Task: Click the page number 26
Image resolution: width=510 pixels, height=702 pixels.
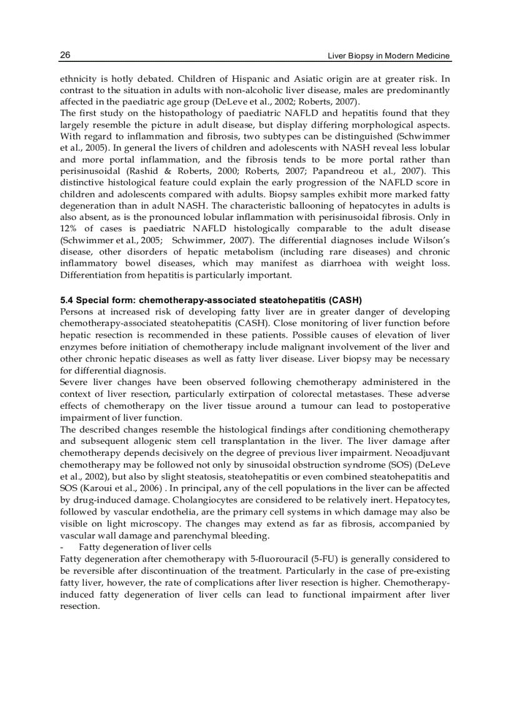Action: coord(65,56)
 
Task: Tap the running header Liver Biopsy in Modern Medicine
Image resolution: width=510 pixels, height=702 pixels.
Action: coord(389,56)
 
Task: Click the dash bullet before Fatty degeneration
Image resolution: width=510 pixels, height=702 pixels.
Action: coord(62,546)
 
